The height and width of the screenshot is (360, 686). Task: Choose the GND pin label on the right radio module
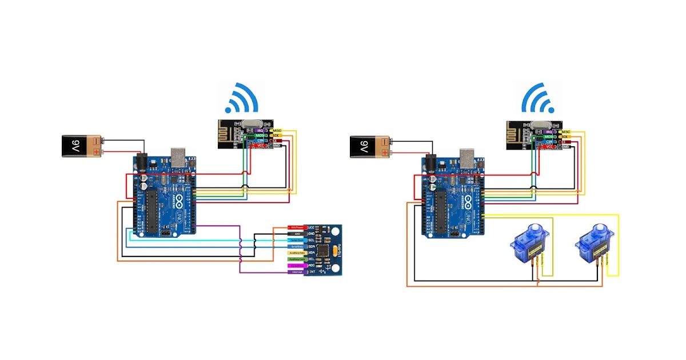point(565,147)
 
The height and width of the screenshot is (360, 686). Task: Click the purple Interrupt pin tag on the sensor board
point(296,272)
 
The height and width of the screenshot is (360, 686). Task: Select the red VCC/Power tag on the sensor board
point(296,227)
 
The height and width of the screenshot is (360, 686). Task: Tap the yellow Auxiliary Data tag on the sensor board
point(296,252)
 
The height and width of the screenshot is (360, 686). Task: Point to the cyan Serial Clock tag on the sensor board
point(296,240)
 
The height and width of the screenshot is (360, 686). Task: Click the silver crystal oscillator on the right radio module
point(541,125)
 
